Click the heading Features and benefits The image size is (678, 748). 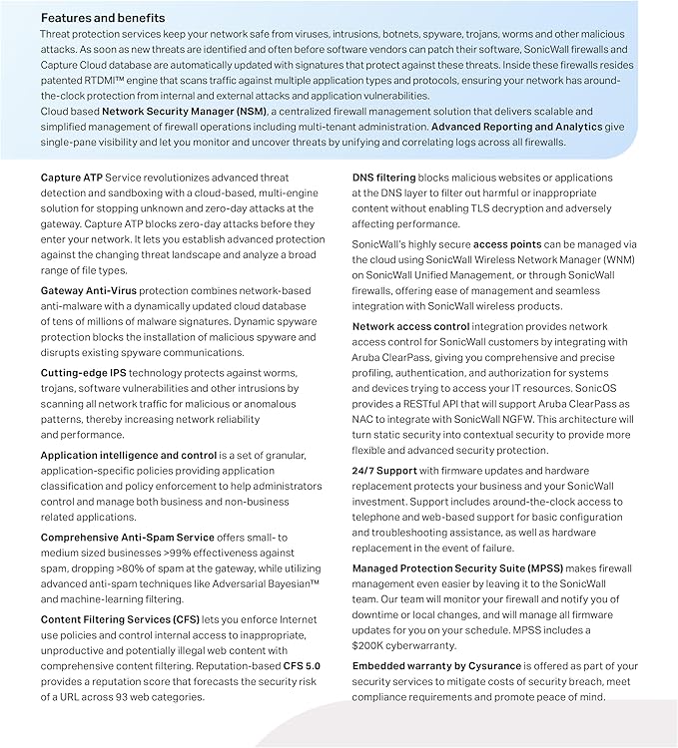[103, 18]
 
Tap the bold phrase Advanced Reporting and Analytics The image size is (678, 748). [516, 128]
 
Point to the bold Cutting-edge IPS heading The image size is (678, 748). [83, 372]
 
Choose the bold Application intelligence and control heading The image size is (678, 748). [128, 455]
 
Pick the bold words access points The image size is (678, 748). [507, 244]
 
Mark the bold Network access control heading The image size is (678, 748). [410, 327]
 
